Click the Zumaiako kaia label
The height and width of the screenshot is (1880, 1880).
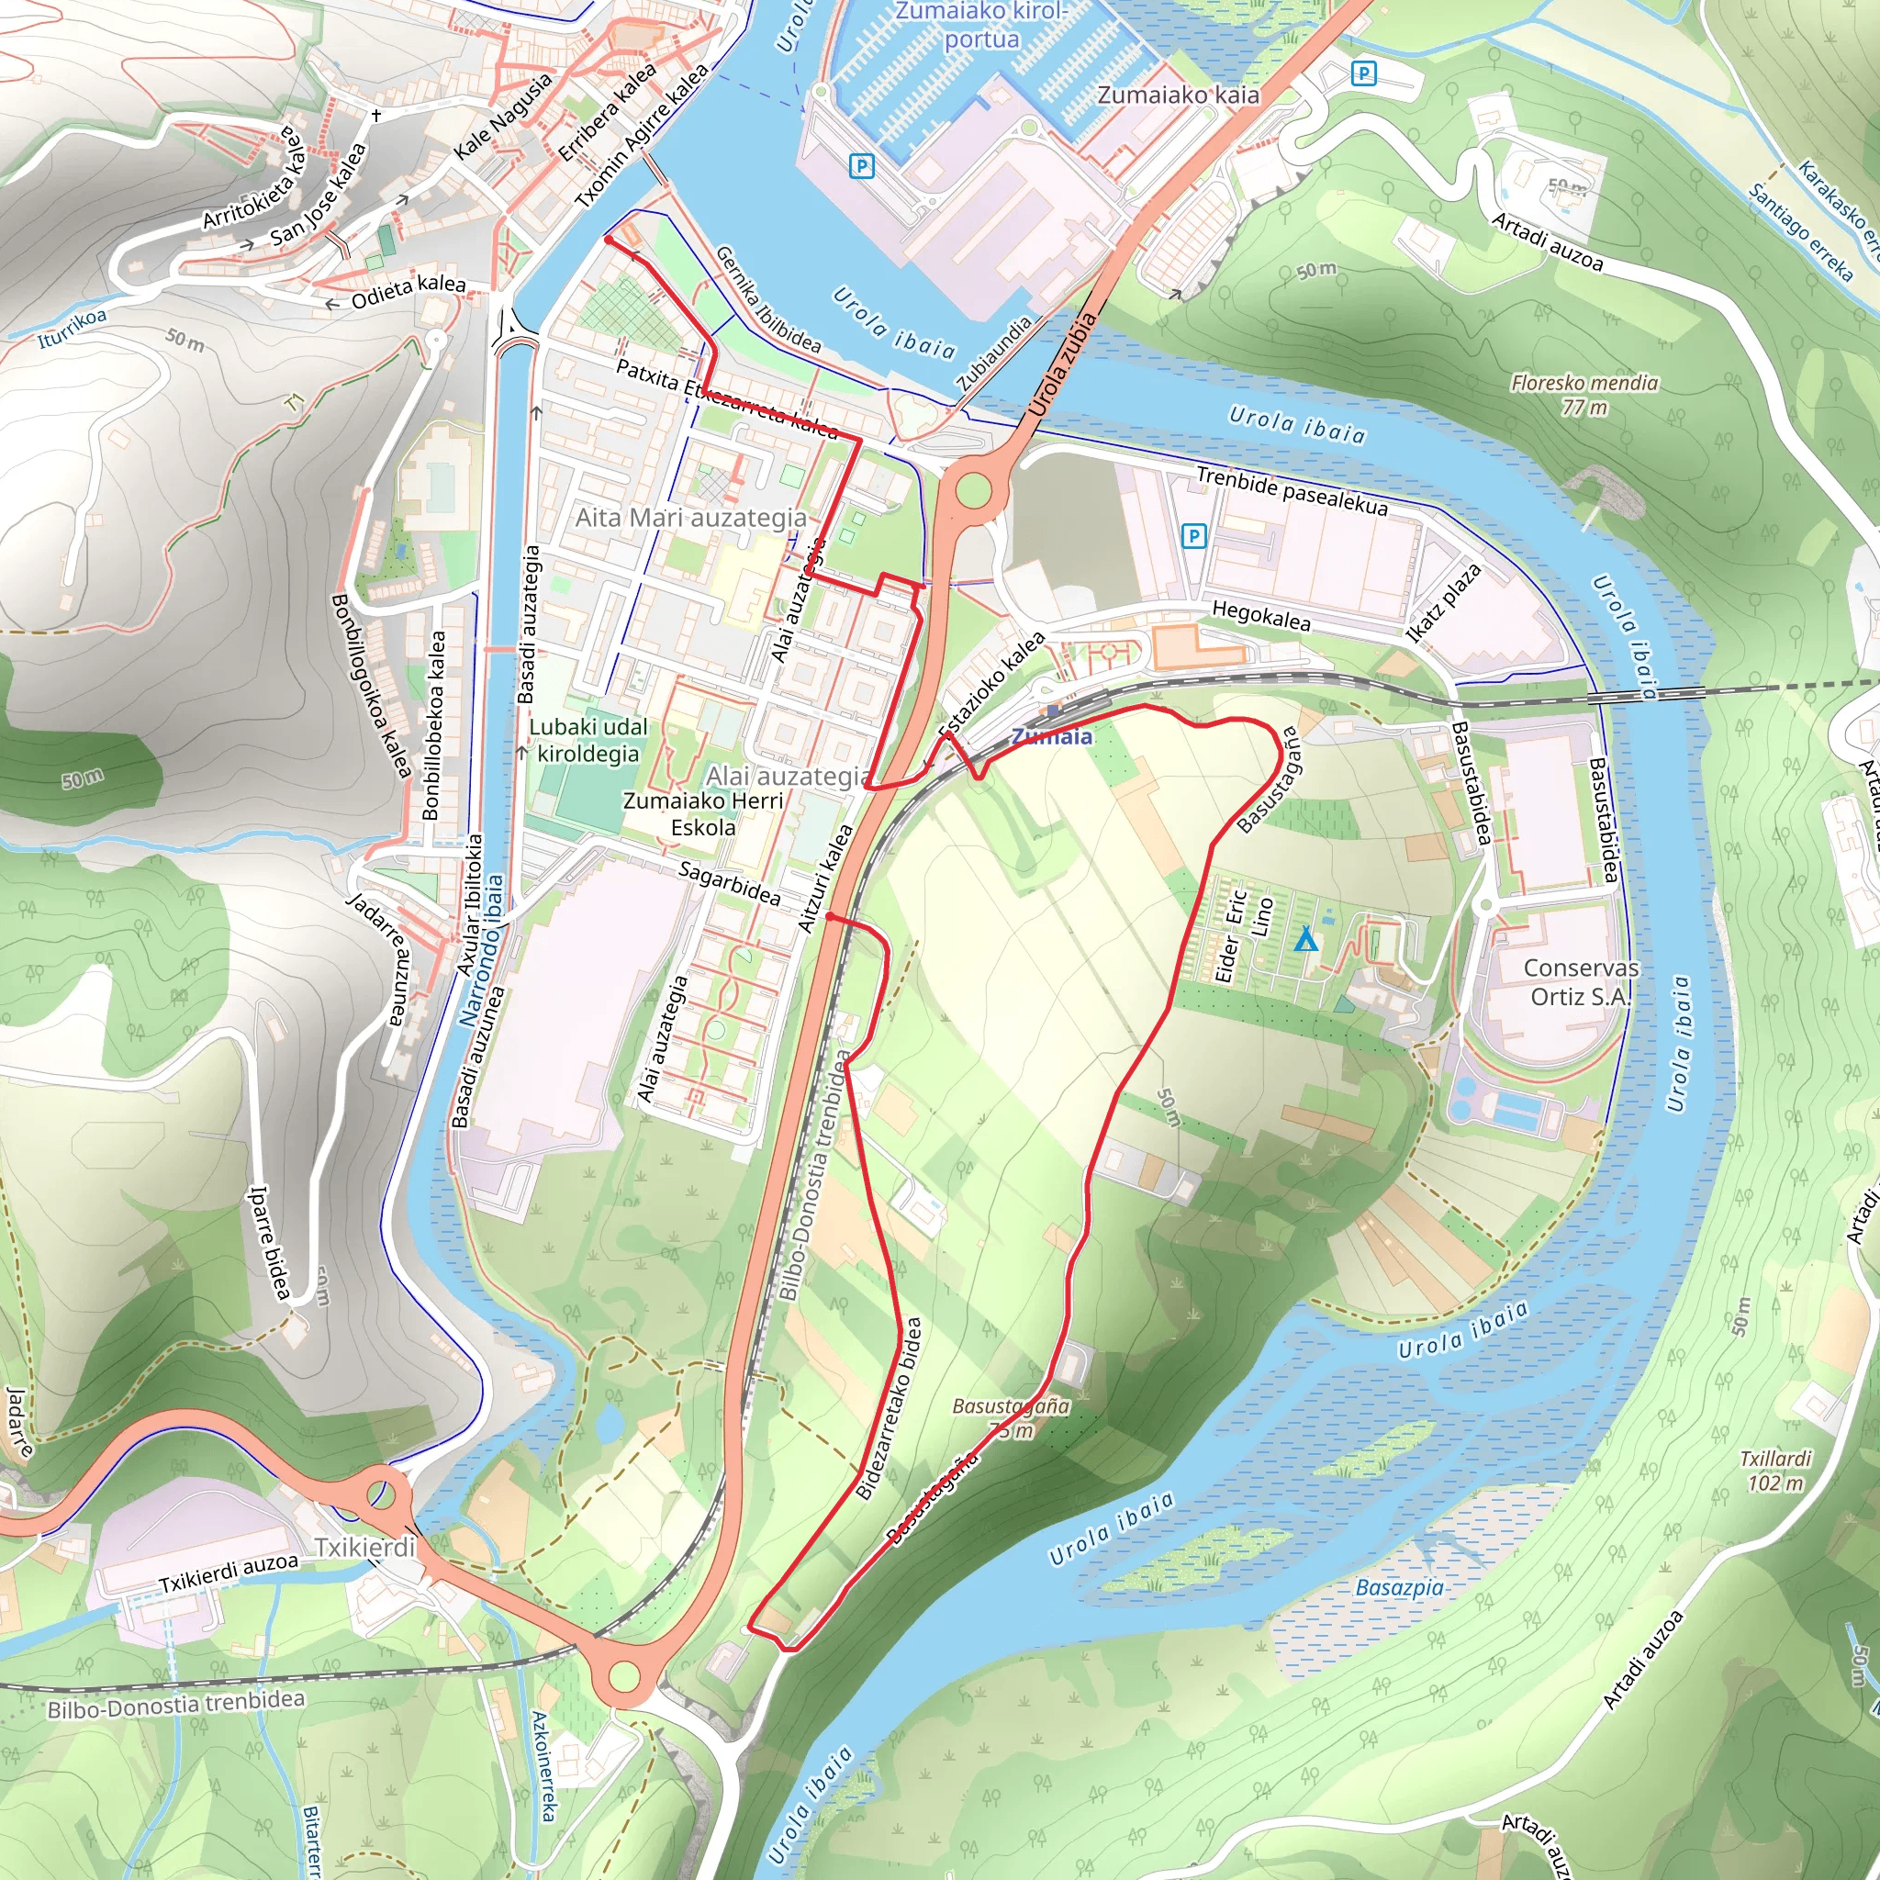[1178, 95]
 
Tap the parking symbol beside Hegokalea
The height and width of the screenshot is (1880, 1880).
[1193, 535]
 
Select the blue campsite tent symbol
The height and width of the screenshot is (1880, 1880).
[1306, 940]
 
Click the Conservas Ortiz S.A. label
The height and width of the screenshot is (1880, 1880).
[1581, 982]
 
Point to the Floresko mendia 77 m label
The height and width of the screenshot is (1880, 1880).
[1584, 394]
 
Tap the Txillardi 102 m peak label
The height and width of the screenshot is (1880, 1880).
[1776, 1471]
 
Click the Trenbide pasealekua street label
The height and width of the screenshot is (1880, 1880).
[1292, 489]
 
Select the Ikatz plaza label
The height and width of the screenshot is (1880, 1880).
[1444, 602]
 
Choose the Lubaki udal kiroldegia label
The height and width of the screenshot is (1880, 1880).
[587, 740]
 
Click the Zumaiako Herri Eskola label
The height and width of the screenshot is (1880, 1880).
[702, 813]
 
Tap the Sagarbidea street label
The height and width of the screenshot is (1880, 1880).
[729, 882]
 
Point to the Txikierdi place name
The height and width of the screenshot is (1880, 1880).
[365, 1547]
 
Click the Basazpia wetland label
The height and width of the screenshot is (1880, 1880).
[1399, 1587]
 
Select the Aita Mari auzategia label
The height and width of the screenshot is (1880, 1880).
[691, 518]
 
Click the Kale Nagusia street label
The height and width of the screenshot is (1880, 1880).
[503, 116]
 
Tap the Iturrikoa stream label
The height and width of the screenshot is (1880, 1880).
[72, 327]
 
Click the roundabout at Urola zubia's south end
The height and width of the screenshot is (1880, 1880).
[972, 490]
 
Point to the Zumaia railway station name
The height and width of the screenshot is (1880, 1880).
[1051, 736]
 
